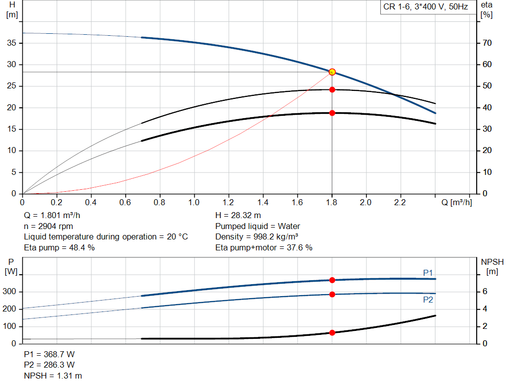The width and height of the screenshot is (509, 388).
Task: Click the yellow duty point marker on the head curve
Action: click(x=332, y=72)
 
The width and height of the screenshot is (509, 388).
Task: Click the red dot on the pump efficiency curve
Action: click(x=332, y=90)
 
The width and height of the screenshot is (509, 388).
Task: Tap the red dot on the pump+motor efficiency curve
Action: click(x=332, y=113)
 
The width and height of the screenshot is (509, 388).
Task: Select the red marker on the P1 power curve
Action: click(x=332, y=280)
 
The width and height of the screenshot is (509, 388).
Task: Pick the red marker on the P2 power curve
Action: click(x=332, y=294)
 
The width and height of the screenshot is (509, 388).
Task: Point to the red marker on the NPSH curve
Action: click(x=332, y=332)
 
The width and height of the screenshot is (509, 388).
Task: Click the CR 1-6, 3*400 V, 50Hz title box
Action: click(x=425, y=7)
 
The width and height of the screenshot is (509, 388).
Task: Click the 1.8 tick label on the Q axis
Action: click(x=332, y=203)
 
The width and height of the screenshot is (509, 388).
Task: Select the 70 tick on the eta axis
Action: click(x=487, y=43)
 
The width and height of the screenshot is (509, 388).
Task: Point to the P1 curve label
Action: click(x=428, y=273)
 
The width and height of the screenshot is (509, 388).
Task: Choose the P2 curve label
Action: click(x=428, y=300)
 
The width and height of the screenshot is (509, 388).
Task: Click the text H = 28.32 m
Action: click(x=238, y=216)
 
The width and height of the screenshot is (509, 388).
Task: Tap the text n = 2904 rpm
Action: click(x=48, y=226)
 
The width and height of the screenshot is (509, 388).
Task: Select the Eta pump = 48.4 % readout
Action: click(x=59, y=247)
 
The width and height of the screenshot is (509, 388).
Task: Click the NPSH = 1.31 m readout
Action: click(x=53, y=376)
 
